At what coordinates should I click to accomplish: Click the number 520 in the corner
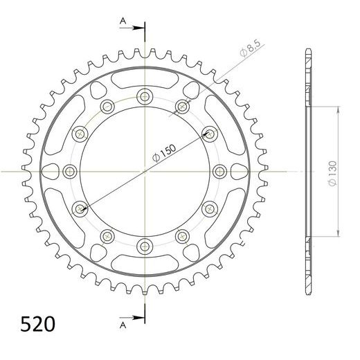[33, 323]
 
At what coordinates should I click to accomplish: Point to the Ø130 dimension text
[333, 171]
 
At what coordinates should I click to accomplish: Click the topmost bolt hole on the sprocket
[145, 96]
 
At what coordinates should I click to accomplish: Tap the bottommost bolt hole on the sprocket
[145, 244]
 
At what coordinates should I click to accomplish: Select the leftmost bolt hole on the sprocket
[70, 170]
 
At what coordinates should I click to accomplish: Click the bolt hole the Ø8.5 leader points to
[182, 105]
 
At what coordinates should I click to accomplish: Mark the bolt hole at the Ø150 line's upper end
[209, 132]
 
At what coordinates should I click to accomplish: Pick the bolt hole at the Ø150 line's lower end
[80, 207]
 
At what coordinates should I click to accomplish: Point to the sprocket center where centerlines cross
[145, 170]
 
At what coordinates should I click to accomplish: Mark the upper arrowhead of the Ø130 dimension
[336, 109]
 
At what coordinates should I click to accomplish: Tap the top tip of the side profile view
[307, 51]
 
